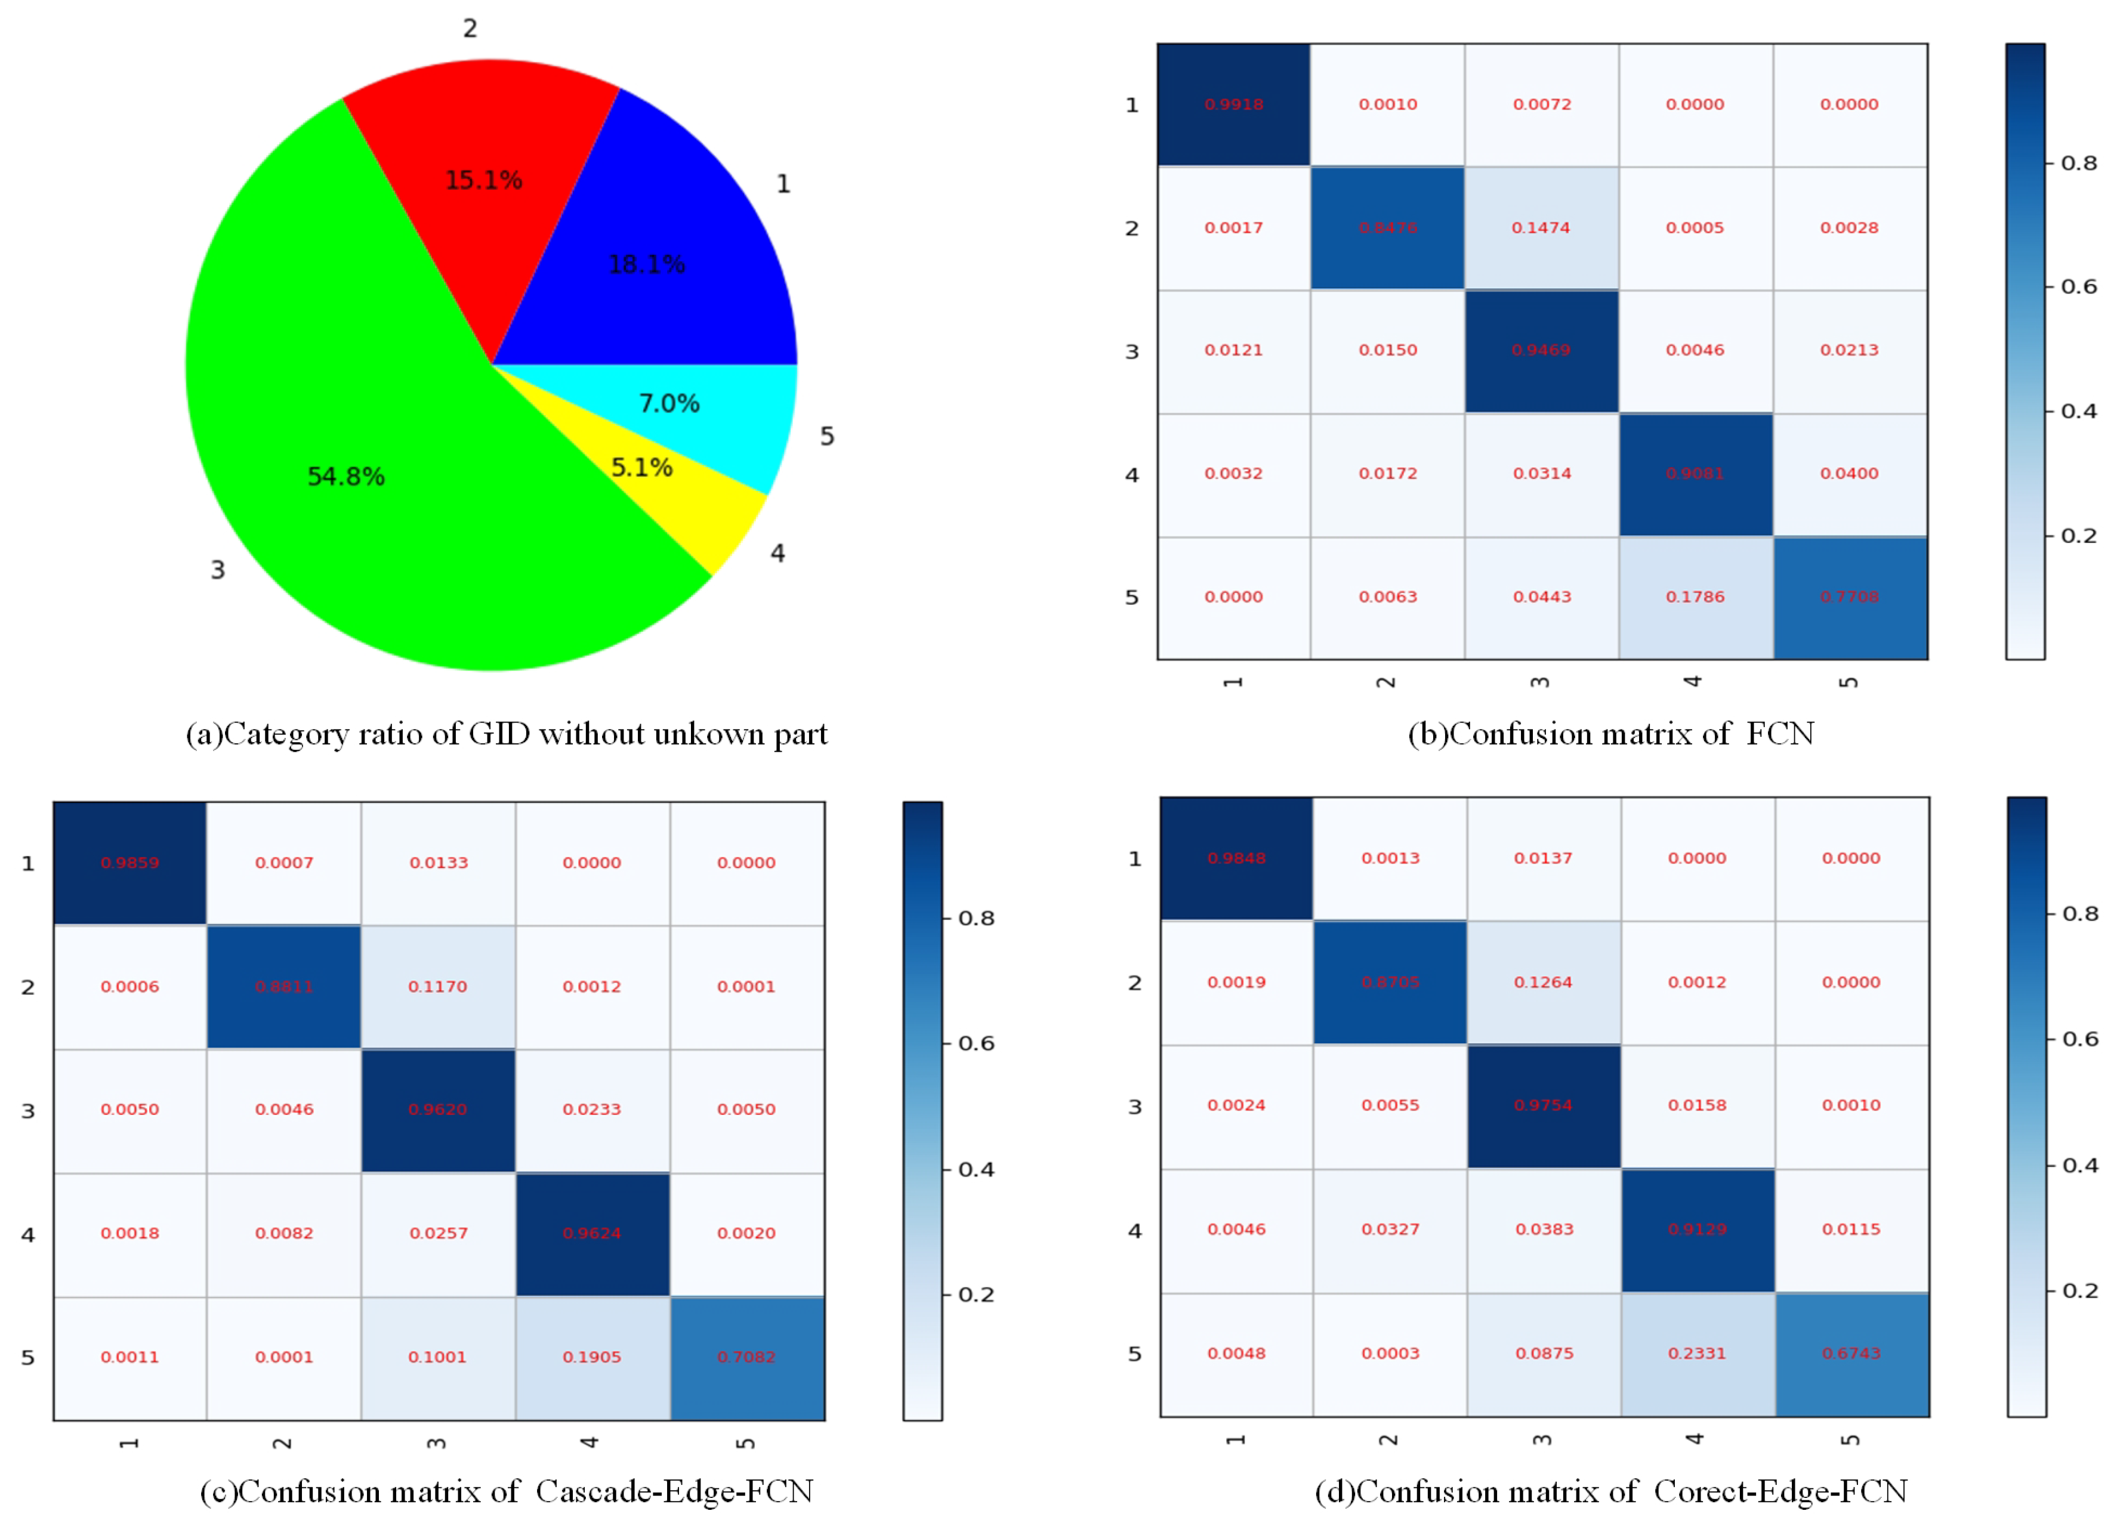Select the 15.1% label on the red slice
click(x=483, y=180)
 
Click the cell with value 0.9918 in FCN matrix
click(x=1233, y=104)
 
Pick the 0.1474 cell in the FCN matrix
click(x=1541, y=228)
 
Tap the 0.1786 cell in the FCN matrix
click(x=1695, y=597)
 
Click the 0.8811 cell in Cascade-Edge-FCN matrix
click(x=284, y=987)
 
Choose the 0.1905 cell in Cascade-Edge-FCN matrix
click(x=592, y=1357)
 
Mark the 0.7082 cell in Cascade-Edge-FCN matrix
click(x=746, y=1357)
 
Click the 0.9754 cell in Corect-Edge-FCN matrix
click(x=1543, y=1105)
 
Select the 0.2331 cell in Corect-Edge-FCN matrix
click(x=1697, y=1354)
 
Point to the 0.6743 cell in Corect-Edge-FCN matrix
click(x=1851, y=1354)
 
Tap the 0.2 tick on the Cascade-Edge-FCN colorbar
click(x=976, y=1295)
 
